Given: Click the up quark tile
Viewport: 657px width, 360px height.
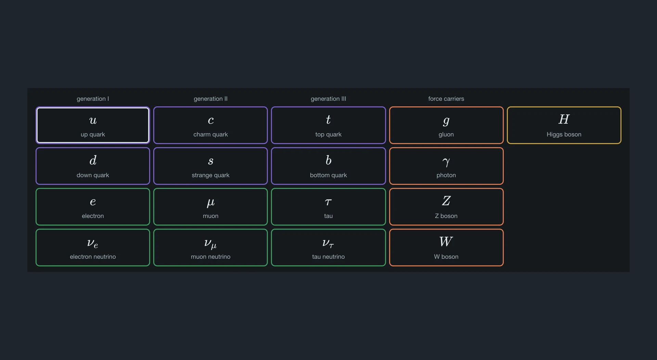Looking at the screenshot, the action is [x=93, y=125].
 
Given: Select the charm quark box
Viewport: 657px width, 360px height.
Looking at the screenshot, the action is [x=210, y=125].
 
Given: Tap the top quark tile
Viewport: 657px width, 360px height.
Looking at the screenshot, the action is [x=328, y=125].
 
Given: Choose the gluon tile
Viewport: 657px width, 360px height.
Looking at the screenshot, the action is [x=446, y=125].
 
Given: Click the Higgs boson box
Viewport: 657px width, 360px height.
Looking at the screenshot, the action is [x=564, y=125].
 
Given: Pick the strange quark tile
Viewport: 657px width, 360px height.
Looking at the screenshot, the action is [x=210, y=166].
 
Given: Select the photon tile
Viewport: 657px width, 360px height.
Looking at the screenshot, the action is [x=446, y=166].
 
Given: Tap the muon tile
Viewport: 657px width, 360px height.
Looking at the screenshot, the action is [x=210, y=207].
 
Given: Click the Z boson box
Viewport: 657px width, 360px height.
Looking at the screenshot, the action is [x=446, y=207].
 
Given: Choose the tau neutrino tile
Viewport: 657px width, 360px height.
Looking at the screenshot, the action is [x=328, y=247].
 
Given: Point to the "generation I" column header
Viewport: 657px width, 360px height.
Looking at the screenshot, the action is [x=93, y=99].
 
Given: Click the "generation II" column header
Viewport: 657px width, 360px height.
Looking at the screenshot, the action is [x=210, y=99].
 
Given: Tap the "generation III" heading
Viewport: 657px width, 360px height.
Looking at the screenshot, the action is [x=328, y=99].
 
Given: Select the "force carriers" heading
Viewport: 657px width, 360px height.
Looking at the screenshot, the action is [x=446, y=99].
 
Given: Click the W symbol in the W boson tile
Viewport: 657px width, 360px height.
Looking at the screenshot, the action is [x=446, y=242].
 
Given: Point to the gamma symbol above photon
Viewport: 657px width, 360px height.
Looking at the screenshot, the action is [x=446, y=162].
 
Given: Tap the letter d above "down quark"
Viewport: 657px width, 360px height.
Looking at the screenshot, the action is [x=93, y=160].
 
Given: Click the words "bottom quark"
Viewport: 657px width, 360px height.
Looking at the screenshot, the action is [x=328, y=175].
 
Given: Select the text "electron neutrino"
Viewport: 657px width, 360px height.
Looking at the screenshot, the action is [x=93, y=257].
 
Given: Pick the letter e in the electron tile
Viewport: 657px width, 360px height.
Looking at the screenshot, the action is [x=93, y=202].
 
